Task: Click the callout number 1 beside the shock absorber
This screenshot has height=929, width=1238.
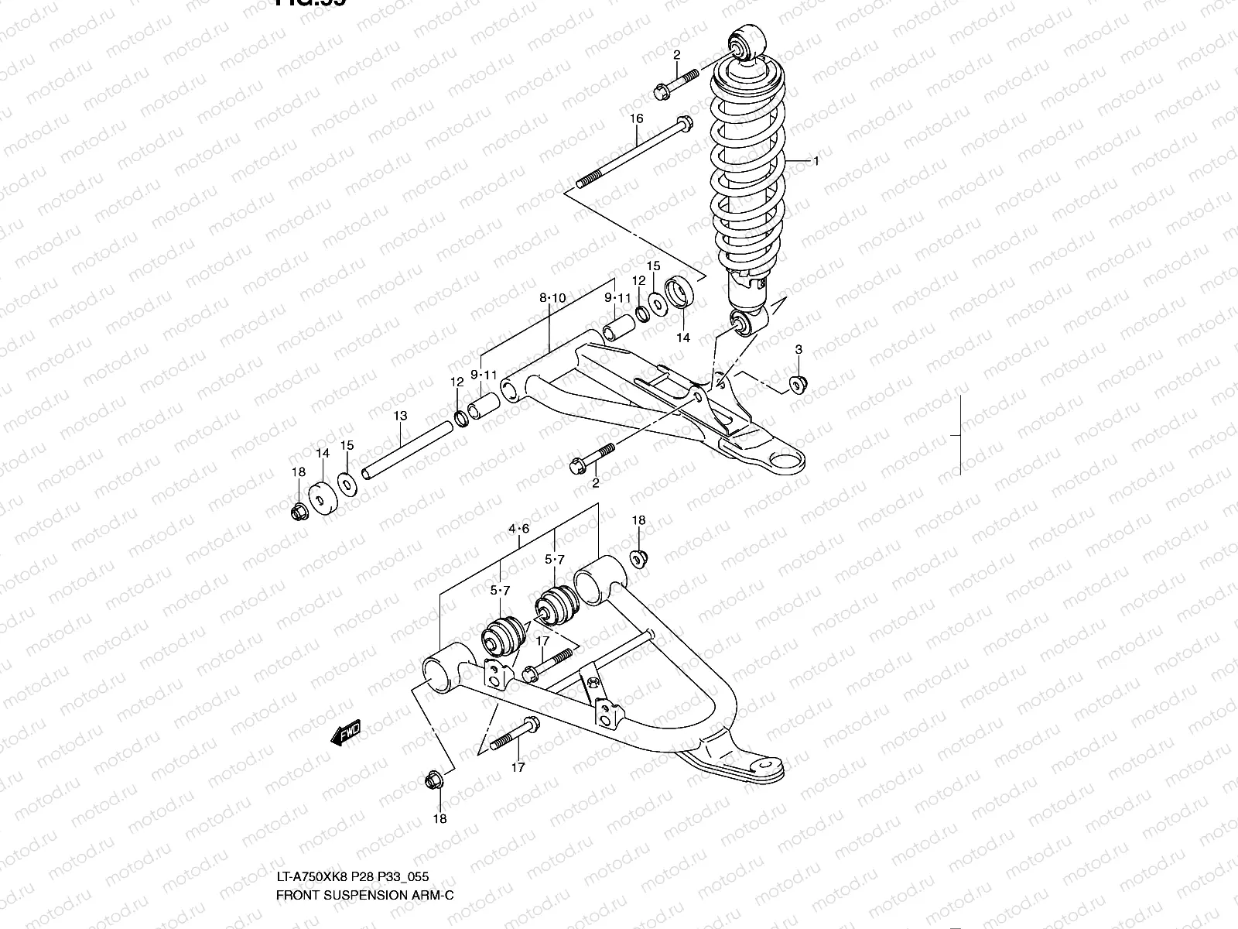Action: pos(815,161)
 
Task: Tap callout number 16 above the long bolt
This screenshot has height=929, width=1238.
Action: pos(636,118)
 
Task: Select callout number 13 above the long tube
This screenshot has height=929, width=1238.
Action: pos(400,416)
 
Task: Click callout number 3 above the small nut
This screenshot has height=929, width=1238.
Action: pos(799,350)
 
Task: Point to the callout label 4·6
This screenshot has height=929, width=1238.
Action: pos(518,529)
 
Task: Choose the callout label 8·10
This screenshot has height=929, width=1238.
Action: pos(552,297)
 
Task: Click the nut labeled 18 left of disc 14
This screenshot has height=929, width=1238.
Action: pos(298,512)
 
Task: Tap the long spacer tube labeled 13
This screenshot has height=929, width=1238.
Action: pos(406,450)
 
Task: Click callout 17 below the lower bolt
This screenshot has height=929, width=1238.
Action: pos(518,767)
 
